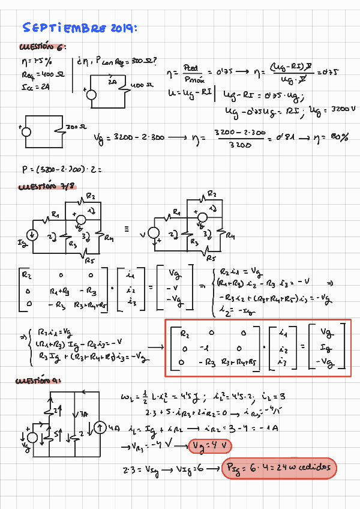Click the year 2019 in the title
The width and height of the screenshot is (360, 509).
[x=123, y=28]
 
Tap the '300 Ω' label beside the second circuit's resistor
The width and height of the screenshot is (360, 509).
[x=73, y=128]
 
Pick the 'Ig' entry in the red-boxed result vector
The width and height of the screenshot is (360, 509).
[x=326, y=348]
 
